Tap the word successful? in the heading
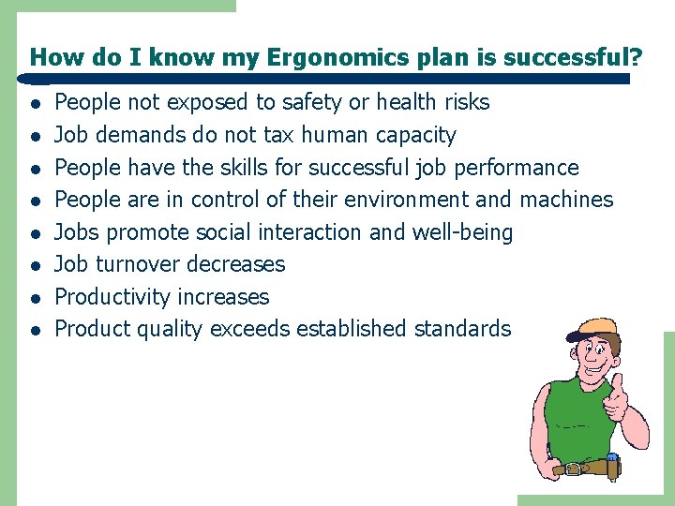tap(573, 58)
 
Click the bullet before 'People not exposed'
tap(34, 103)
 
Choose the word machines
tap(565, 200)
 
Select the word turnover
tap(140, 264)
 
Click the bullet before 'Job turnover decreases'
tap(34, 265)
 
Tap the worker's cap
tap(590, 329)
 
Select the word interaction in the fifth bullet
tap(307, 232)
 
